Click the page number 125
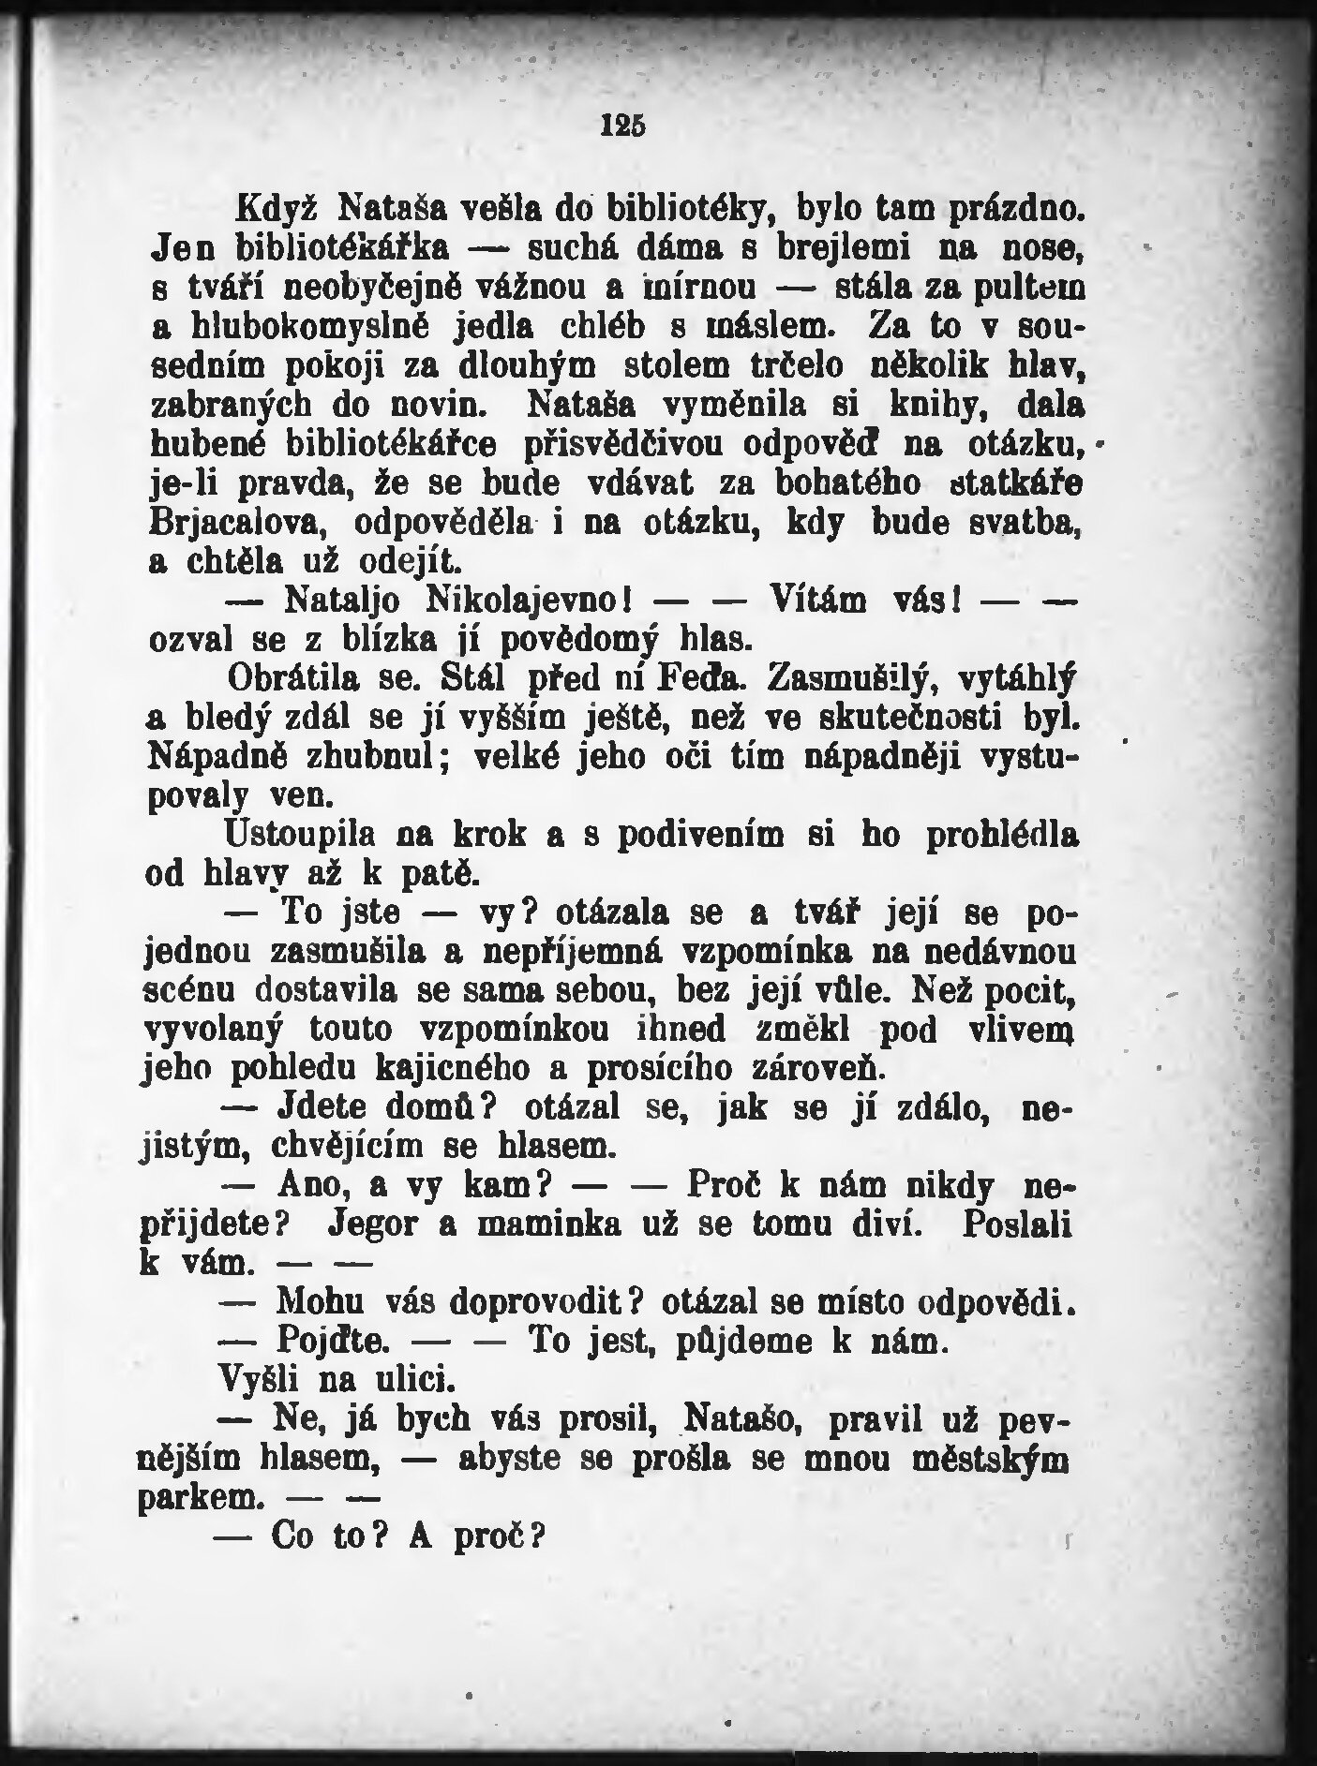(623, 125)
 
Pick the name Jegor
(403, 1227)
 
